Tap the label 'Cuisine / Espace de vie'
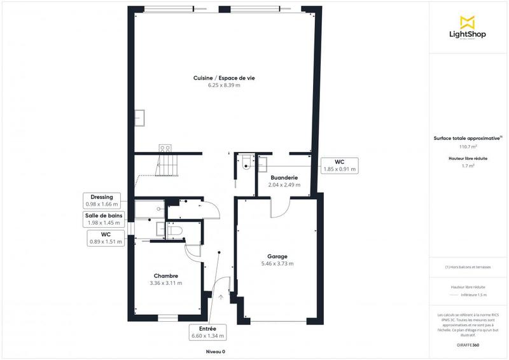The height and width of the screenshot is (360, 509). (224, 78)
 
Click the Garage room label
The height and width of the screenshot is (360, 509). (277, 256)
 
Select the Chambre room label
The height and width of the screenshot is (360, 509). (165, 275)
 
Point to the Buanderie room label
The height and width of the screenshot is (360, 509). (282, 177)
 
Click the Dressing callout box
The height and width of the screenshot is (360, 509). (102, 200)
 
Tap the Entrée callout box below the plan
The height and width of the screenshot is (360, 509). (207, 331)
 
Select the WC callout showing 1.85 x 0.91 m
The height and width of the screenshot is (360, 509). (339, 165)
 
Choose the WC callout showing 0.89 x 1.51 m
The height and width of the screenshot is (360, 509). (105, 237)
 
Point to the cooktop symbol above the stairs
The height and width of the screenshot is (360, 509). (165, 148)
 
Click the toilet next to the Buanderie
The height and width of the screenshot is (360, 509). (246, 163)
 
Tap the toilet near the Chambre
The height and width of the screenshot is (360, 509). (176, 230)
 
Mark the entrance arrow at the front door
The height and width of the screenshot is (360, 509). (221, 296)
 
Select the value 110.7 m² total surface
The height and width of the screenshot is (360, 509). (468, 146)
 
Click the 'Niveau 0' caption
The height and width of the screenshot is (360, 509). (215, 352)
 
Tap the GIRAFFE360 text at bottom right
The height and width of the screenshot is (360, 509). (468, 344)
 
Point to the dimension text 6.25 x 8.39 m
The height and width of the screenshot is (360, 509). (224, 85)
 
